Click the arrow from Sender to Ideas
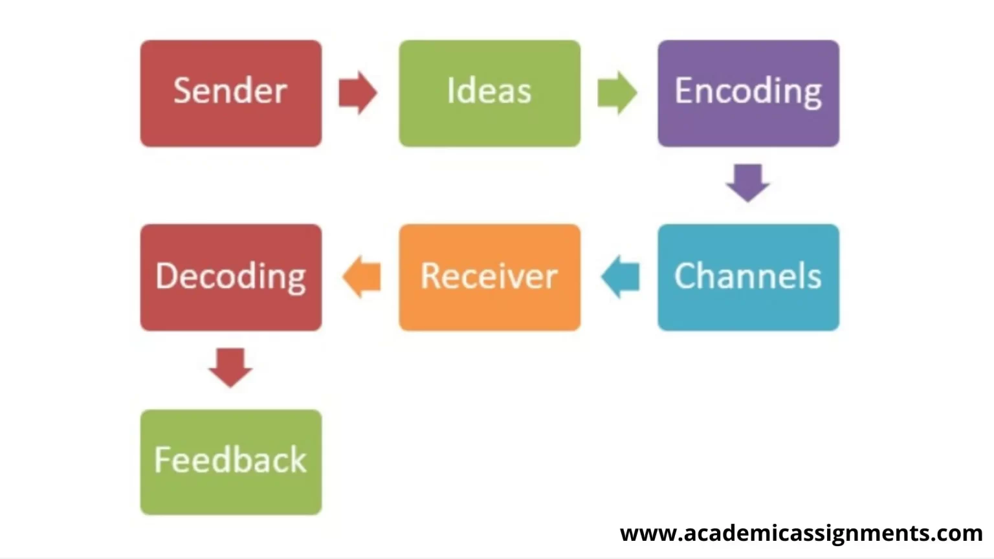tap(357, 93)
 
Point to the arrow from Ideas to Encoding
tap(617, 93)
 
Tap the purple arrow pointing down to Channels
tap(748, 182)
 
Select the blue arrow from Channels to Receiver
tap(621, 277)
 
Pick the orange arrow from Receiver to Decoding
tap(362, 277)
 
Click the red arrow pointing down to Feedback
tap(230, 367)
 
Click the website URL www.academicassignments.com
tap(801, 533)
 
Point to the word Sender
tap(230, 91)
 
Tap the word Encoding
tap(748, 91)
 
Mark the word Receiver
tap(489, 276)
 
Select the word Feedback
tap(230, 460)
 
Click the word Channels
tap(748, 276)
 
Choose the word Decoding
tap(230, 277)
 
